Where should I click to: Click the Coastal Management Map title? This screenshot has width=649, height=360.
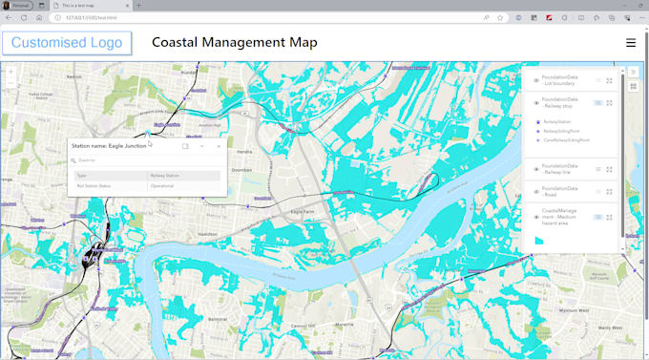click(x=235, y=43)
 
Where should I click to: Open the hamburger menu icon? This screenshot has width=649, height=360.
click(x=630, y=43)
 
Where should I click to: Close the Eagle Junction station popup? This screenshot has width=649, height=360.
click(x=219, y=146)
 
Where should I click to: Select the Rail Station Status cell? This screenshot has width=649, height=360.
click(x=94, y=186)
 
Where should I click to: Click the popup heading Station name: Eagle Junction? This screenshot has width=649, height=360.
click(x=109, y=146)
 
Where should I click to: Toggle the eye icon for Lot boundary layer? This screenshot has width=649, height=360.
click(x=535, y=80)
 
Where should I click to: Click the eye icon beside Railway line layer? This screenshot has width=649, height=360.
click(x=535, y=169)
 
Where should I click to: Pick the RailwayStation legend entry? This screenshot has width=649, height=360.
click(x=557, y=122)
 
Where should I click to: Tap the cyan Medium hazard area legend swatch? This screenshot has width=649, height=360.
click(x=538, y=240)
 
